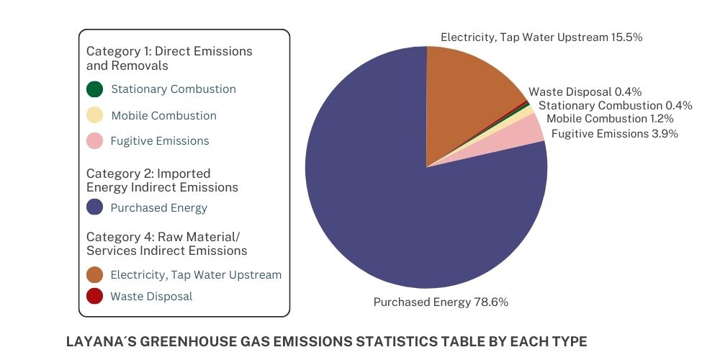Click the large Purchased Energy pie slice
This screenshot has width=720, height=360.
pos(403,216)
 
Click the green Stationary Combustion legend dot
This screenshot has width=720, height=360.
pos(94,89)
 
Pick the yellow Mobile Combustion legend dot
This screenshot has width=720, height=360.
pos(94,115)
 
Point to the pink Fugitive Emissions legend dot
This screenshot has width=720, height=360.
pos(94,141)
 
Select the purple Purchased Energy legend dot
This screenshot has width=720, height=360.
pos(94,207)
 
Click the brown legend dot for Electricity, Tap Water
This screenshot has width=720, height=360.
pos(94,274)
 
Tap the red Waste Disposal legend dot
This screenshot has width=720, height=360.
pos(94,296)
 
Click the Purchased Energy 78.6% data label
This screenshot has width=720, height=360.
pos(441,302)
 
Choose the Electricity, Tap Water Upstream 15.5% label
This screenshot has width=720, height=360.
pos(541,37)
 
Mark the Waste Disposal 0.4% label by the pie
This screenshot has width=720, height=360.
pos(585,92)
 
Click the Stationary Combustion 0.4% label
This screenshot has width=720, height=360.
pos(615,106)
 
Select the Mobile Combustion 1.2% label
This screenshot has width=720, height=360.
pos(610,119)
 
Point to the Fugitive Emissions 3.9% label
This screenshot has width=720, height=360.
pos(614,133)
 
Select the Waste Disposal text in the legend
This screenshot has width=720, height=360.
pos(151,296)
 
